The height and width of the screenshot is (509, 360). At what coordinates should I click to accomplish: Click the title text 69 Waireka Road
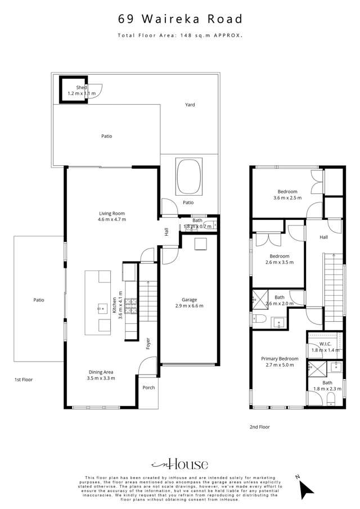coord(180,19)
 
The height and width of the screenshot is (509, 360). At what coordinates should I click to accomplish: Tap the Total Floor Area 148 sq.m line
coord(180,35)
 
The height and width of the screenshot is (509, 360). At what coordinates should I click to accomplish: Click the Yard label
coord(190,105)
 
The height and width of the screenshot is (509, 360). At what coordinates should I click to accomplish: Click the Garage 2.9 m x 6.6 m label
coord(188,303)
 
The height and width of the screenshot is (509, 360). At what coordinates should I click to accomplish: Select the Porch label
coord(148,388)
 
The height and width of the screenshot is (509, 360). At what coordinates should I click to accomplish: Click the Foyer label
coord(148,343)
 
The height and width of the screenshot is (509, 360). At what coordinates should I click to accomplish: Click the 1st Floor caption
coord(23,380)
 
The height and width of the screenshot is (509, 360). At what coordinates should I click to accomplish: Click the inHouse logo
coord(179,465)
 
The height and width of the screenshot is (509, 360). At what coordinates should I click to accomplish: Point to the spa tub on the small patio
coord(189,175)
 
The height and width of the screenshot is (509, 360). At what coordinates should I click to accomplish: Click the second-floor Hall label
coord(324,238)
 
